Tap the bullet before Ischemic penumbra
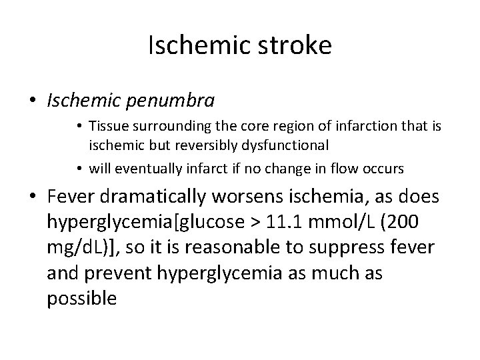click(x=33, y=101)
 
